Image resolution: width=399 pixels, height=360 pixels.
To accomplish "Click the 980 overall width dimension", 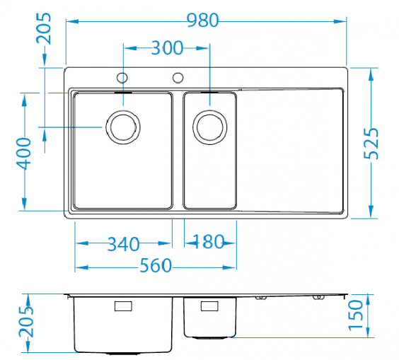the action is coord(203,20).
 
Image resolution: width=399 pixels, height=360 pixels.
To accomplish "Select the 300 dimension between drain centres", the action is coord(167,48).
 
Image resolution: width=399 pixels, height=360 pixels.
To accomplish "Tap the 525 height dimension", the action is coord(371,144).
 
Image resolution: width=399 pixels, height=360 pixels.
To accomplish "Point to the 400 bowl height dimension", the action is coord(23,153).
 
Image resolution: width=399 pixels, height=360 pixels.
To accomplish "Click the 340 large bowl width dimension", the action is coord(123,244).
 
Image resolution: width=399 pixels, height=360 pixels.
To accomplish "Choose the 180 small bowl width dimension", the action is coord(208,241).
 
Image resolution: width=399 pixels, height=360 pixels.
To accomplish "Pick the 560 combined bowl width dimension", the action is coord(156,265).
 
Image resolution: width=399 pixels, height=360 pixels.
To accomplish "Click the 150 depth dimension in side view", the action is coord(355,315).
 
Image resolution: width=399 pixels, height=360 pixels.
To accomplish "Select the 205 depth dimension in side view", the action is coord(26,322).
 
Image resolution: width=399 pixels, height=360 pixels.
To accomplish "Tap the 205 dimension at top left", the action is coord(44,28).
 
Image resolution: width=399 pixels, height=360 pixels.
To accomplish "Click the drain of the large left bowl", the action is coord(123,127).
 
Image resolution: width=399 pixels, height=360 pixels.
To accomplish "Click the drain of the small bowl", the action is coord(210,127).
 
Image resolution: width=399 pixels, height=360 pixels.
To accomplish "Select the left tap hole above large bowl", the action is coord(122,78).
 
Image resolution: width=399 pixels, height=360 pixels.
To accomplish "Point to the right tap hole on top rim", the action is coord(178,78).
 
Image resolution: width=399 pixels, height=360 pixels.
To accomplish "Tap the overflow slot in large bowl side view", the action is coord(123,306).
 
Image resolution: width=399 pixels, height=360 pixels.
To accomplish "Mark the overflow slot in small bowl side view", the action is coord(209,306).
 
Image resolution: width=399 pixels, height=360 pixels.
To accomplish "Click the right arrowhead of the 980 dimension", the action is coord(340,21).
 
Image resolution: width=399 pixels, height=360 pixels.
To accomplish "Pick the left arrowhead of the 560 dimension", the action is coord(81,267).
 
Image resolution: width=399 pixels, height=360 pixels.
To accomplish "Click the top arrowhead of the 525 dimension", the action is coord(371,74).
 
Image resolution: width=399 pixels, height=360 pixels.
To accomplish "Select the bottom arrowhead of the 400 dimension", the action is coord(24,204).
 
